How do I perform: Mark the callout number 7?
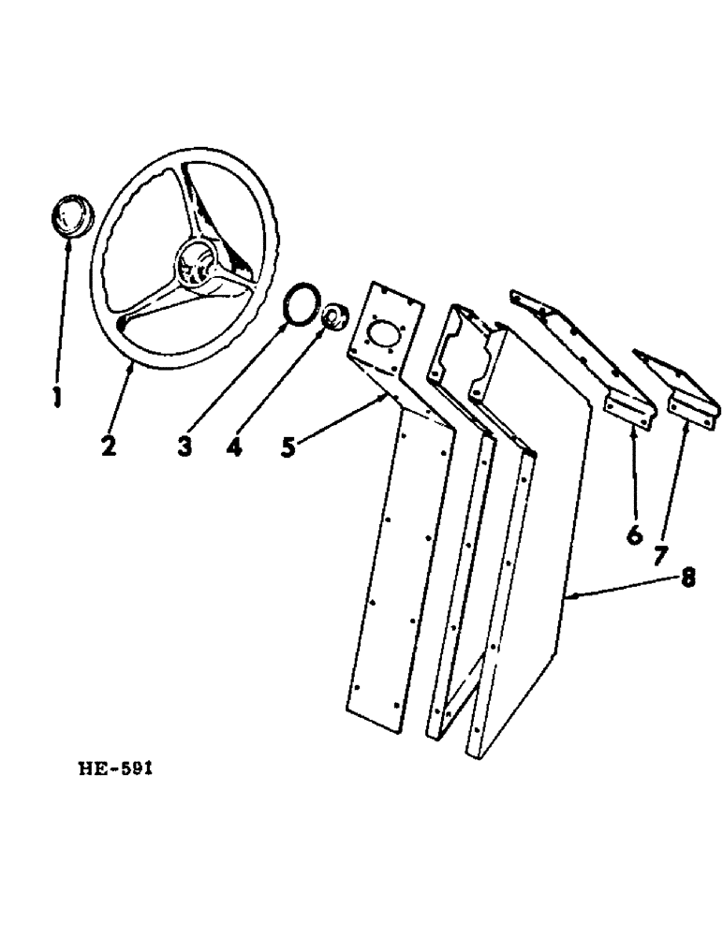(660, 556)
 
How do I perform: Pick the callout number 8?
(688, 578)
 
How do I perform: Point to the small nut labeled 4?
(332, 319)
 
